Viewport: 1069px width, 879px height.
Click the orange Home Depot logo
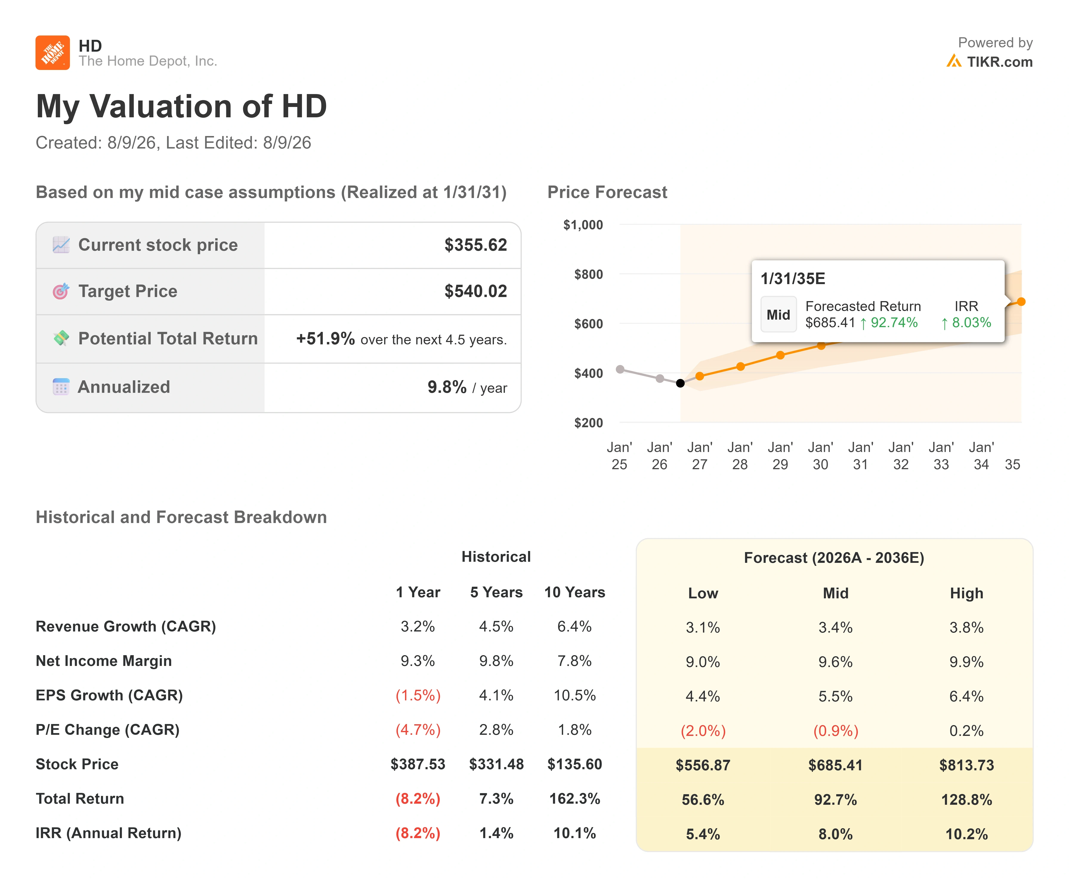[x=53, y=53]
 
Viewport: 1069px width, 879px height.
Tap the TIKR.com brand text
[x=1000, y=62]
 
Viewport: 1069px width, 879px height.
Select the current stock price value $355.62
[x=475, y=245]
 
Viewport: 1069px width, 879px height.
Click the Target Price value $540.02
[x=475, y=291]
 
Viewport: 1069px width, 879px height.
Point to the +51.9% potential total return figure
[x=326, y=338]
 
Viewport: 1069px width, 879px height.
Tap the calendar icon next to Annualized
[x=61, y=387]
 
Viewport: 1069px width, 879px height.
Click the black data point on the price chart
[x=680, y=383]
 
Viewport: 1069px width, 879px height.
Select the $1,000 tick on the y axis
[x=583, y=225]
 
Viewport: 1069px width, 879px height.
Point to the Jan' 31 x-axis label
[x=860, y=456]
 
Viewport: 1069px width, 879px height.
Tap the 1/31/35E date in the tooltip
[x=793, y=279]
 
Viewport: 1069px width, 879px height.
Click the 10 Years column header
[x=575, y=592]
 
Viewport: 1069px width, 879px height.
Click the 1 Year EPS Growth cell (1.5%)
[x=418, y=696]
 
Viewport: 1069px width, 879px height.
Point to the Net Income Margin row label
[x=104, y=661]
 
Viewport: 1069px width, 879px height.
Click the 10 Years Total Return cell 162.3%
[x=575, y=799]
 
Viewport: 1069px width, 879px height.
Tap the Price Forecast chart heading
[x=607, y=192]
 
